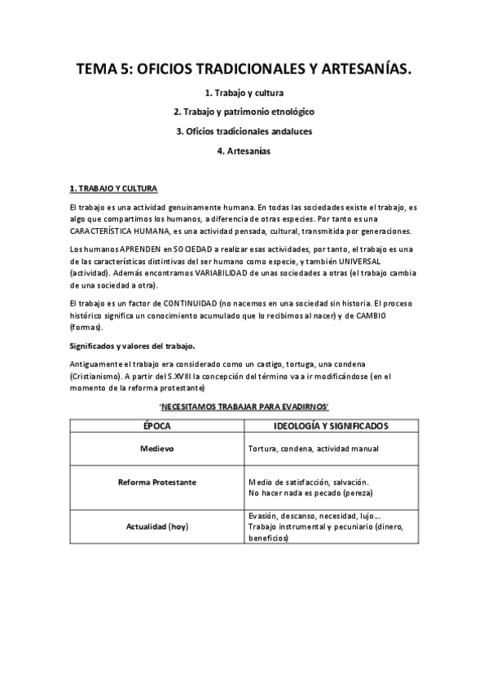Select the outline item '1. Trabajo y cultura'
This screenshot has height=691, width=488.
(244, 93)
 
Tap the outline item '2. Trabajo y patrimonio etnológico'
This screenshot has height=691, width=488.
(244, 112)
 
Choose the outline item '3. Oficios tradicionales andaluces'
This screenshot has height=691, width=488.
(244, 131)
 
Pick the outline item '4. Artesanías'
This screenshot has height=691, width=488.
(244, 151)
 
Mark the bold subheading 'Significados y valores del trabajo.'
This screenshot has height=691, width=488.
(132, 346)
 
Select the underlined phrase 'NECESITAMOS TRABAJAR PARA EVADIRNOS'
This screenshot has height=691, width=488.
(244, 405)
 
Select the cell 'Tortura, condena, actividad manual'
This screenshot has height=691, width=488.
(313, 449)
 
